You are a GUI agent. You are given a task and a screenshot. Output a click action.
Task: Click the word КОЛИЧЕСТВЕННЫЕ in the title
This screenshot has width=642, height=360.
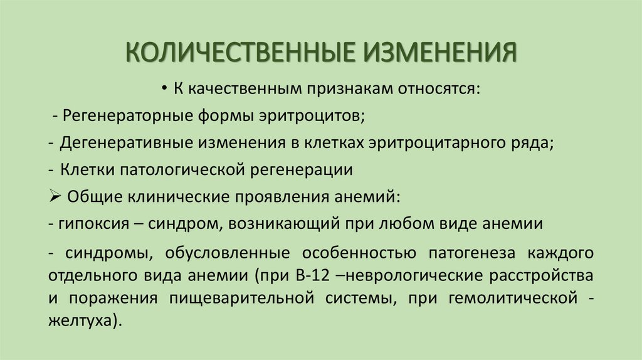[x=238, y=52]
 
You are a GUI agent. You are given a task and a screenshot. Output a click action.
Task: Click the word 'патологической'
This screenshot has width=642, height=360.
[x=176, y=169]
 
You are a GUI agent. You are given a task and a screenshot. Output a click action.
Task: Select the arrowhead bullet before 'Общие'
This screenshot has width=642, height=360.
[x=53, y=196]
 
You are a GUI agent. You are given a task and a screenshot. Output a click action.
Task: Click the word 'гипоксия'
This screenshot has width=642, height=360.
[x=87, y=223]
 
